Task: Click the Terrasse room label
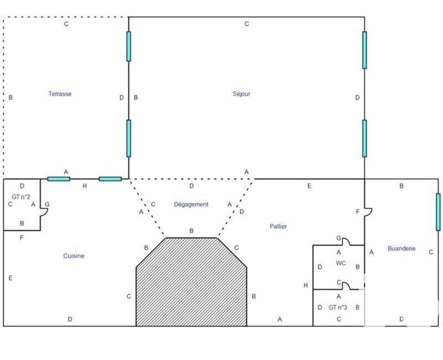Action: (x=60, y=94)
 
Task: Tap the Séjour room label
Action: (x=241, y=94)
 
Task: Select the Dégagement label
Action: (x=191, y=204)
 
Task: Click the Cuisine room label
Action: (x=74, y=256)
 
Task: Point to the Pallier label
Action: (x=279, y=227)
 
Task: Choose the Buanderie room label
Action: (x=401, y=249)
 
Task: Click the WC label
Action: (x=341, y=263)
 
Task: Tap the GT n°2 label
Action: (x=20, y=197)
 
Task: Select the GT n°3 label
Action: (x=338, y=307)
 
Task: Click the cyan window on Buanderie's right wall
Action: (x=438, y=212)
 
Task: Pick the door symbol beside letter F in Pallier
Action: (x=368, y=212)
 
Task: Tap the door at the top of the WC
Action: (x=346, y=241)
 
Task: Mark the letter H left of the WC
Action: (x=306, y=285)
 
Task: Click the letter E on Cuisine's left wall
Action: (x=11, y=278)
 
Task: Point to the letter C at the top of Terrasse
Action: (x=66, y=24)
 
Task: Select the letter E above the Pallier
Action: (x=309, y=186)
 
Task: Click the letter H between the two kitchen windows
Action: (x=84, y=186)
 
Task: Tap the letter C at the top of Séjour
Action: (x=246, y=24)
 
